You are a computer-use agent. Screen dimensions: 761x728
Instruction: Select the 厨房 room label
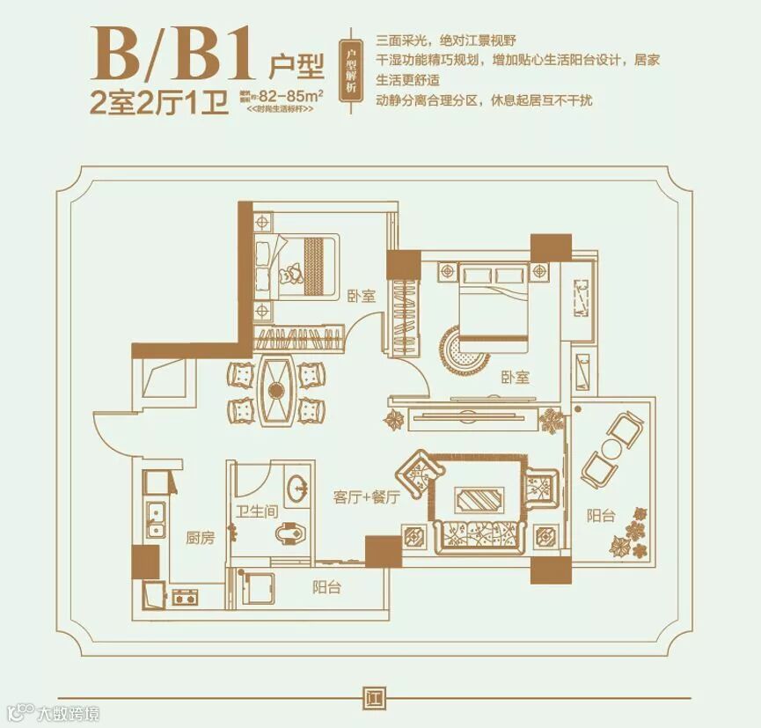point(200,538)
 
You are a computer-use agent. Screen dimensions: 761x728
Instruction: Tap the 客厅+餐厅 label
point(367,497)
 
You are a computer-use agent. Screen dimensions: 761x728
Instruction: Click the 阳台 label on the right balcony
point(601,516)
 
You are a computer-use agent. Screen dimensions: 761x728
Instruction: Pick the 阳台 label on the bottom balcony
point(326,587)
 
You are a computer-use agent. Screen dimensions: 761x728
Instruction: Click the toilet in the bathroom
point(289,534)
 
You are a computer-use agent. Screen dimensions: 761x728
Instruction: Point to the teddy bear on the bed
point(288,275)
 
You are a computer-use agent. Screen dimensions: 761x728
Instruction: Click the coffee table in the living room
point(479,500)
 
